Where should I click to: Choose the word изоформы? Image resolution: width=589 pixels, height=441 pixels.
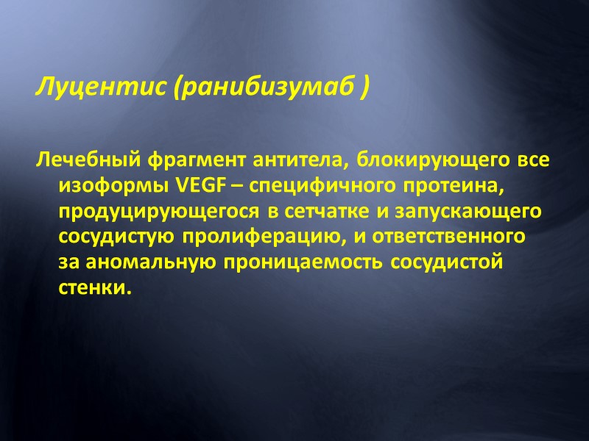tap(115, 186)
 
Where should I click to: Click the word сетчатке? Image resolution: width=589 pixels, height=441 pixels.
tap(325, 212)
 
